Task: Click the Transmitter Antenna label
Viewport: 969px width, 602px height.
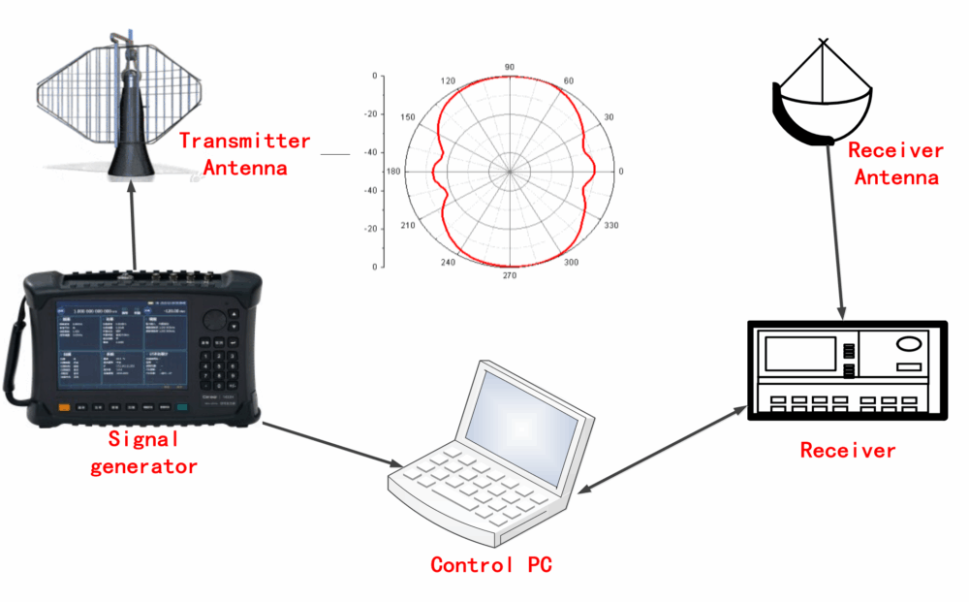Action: pyautogui.click(x=245, y=153)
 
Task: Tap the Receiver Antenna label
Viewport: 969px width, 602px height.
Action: pyautogui.click(x=895, y=164)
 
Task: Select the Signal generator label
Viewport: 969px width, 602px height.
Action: pyautogui.click(x=143, y=453)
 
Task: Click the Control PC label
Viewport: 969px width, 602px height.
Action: pyautogui.click(x=491, y=564)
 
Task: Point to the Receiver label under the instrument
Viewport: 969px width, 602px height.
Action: pyautogui.click(x=848, y=450)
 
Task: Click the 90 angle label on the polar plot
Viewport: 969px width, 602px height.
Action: pyautogui.click(x=510, y=67)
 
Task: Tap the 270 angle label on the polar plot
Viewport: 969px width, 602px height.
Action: pyautogui.click(x=510, y=275)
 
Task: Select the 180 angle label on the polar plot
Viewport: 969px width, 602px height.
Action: pyautogui.click(x=394, y=172)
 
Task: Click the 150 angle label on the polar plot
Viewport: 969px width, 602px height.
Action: pyautogui.click(x=408, y=117)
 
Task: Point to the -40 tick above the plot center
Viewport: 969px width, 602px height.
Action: pyautogui.click(x=369, y=152)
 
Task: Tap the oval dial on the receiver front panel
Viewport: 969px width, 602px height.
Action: pyautogui.click(x=910, y=344)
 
